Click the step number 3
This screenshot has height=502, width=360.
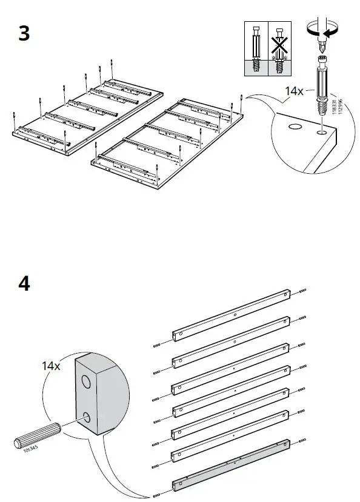coord(24,33)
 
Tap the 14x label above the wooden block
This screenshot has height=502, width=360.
coord(51,366)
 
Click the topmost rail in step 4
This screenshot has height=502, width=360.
coord(233,314)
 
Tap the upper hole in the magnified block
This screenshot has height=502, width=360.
coord(87,381)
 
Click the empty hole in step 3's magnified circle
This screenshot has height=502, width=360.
coord(296,128)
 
